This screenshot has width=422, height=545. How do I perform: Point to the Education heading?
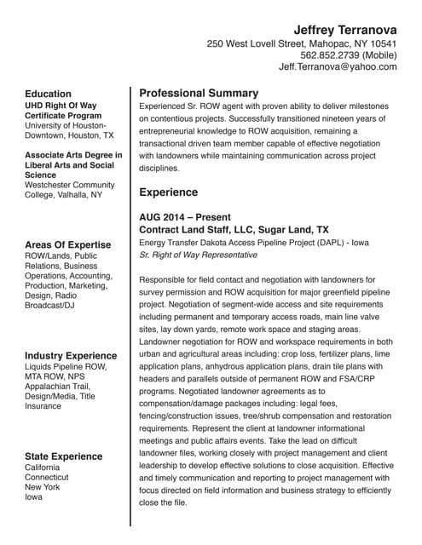pos(48,94)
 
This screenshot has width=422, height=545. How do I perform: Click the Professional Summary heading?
pos(199,93)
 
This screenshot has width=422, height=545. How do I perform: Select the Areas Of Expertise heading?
pos(68,244)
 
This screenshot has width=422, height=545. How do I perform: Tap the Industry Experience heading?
pos(71,355)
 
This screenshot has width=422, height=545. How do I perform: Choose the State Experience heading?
pos(64,456)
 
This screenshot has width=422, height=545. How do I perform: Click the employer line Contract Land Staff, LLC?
pos(234,230)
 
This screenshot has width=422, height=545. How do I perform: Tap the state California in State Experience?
pos(43,468)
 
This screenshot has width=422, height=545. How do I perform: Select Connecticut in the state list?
pos(46,479)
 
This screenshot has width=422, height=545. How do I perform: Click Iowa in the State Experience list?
pos(34,497)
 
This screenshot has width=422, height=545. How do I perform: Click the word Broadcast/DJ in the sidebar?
pos(51,305)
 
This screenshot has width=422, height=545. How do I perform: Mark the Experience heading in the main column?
pos(168,192)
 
